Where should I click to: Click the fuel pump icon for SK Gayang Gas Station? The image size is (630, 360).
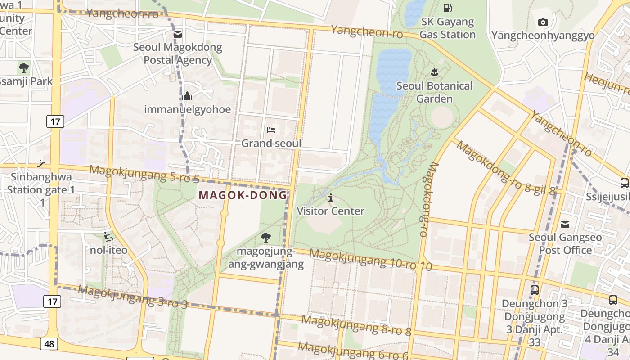tap(447, 8)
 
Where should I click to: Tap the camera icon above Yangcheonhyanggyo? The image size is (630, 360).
tap(543, 22)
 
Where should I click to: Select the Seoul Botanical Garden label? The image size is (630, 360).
tap(434, 92)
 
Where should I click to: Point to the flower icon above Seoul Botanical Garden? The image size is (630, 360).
tap(434, 72)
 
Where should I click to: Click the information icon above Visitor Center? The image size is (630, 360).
tap(331, 198)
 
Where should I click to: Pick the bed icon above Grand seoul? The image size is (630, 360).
tap(271, 130)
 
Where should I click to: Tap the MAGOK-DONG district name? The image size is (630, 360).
tap(243, 195)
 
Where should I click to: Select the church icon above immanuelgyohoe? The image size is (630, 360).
tap(188, 96)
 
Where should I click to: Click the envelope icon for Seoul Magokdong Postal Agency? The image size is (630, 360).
tap(178, 34)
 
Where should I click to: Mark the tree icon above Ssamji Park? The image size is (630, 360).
tap(24, 68)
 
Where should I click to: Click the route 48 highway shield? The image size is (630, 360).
tap(49, 344)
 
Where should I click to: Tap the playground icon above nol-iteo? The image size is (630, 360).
tap(108, 236)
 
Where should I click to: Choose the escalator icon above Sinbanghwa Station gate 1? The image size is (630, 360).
tap(41, 163)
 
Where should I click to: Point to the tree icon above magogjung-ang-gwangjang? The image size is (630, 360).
tap(266, 237)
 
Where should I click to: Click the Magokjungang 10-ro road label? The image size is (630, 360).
tap(370, 261)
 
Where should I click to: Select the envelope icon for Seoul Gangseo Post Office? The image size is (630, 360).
tap(565, 224)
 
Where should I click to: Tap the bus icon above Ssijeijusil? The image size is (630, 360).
tap(625, 183)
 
